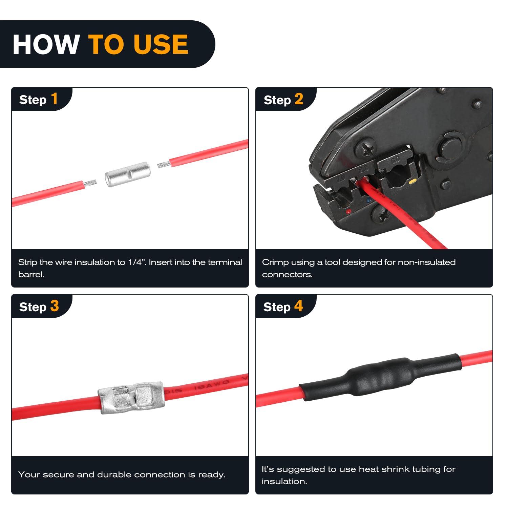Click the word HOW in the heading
coord(46,44)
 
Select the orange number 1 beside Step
coord(54,99)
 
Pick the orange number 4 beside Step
coord(298,306)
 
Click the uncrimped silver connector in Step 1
coord(127,174)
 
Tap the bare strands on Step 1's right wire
coord(164,165)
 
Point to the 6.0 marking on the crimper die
coord(395,159)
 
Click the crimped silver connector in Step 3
coord(131,398)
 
